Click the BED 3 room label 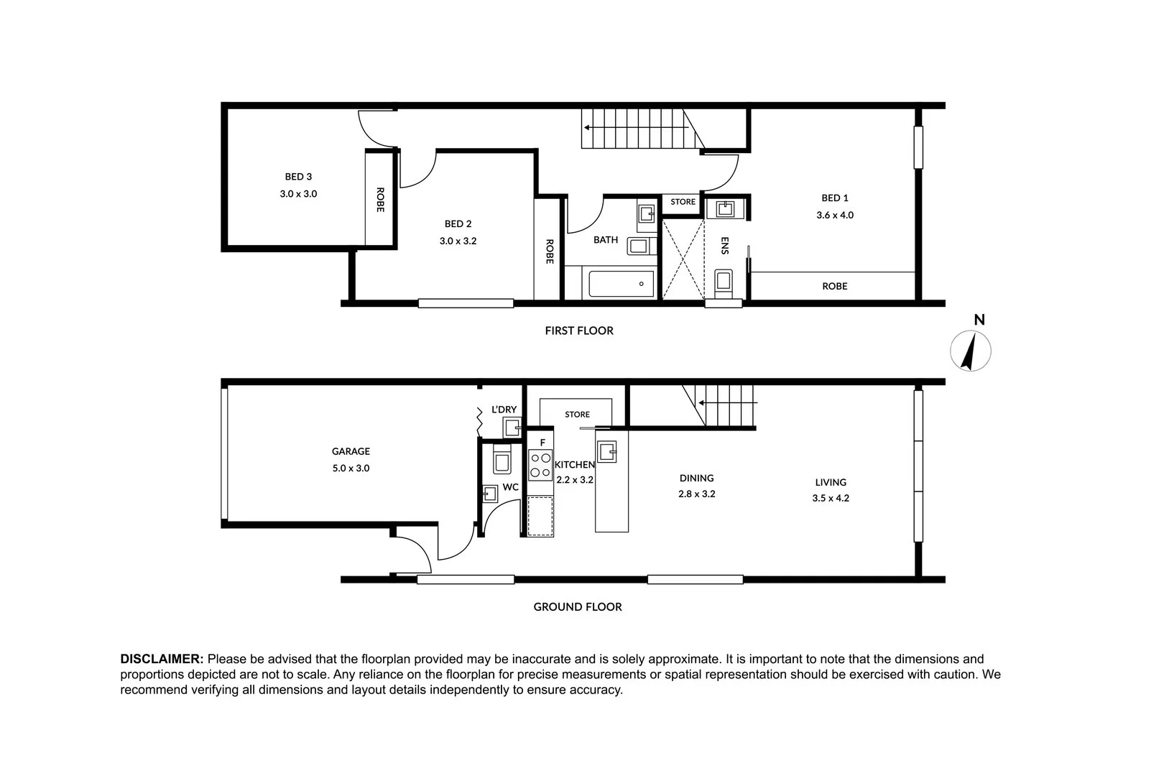click(x=298, y=177)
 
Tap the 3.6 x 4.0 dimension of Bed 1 click(x=835, y=215)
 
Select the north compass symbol click(x=971, y=351)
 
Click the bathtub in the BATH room click(x=622, y=284)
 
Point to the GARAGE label click(x=351, y=451)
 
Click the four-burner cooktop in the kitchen click(x=540, y=465)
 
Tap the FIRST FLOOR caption click(x=579, y=331)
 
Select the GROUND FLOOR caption click(x=578, y=606)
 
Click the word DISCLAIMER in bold click(x=162, y=659)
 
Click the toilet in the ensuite click(x=724, y=283)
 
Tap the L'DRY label click(x=504, y=410)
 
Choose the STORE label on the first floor click(x=683, y=202)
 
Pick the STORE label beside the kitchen click(x=577, y=415)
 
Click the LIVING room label click(x=831, y=482)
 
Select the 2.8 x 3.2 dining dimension click(x=697, y=494)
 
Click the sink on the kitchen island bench click(x=607, y=452)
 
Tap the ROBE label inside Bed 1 click(x=834, y=286)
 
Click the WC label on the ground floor click(x=510, y=487)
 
